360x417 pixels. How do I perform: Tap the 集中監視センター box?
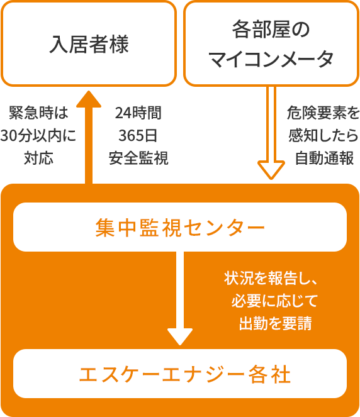[180, 228]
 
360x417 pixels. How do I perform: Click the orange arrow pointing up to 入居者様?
[88, 135]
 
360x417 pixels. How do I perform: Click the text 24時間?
[138, 113]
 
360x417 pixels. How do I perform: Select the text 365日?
[138, 136]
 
